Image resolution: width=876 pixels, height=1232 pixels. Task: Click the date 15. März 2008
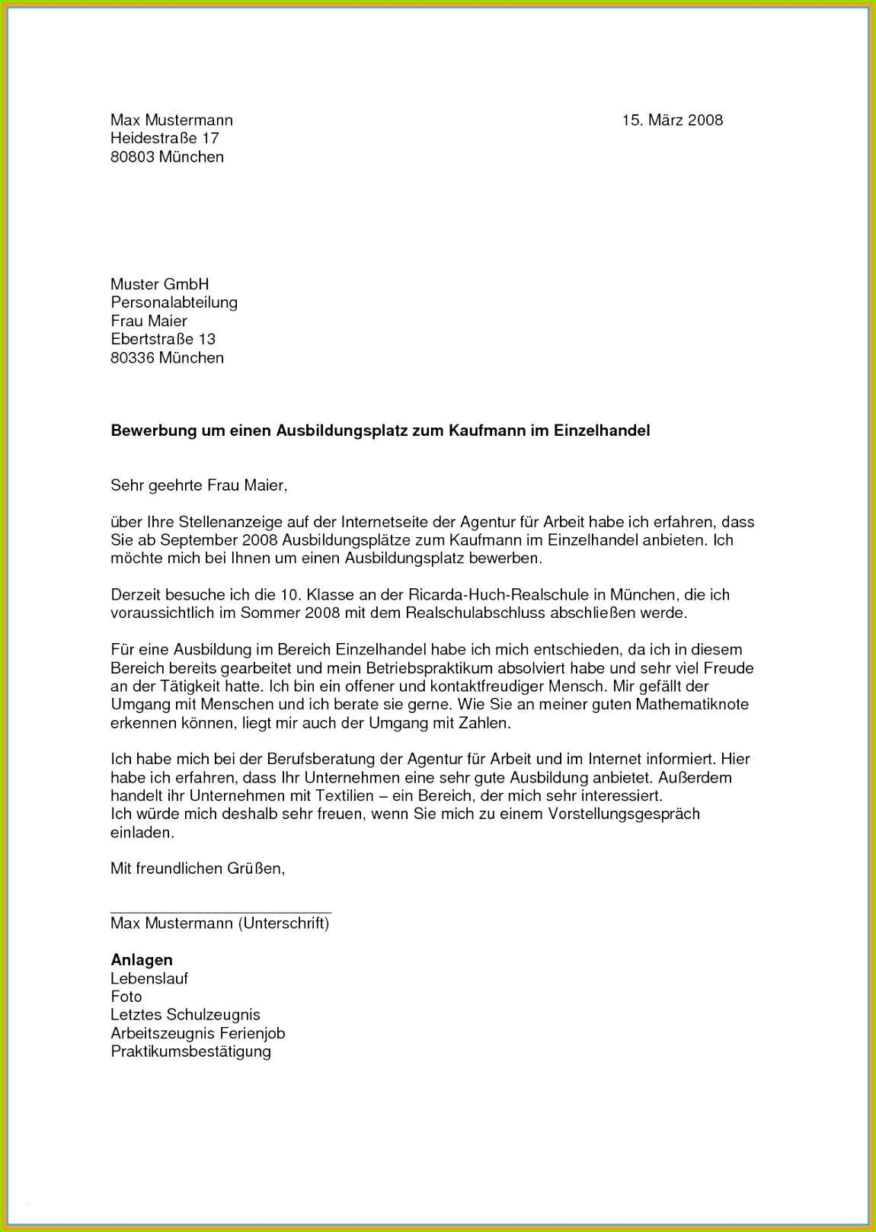(672, 120)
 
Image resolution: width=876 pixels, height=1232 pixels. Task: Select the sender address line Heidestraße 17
(165, 138)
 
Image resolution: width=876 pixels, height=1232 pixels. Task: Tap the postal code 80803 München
(167, 157)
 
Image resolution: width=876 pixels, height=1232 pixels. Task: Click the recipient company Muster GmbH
(159, 284)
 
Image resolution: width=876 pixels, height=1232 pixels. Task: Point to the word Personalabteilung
(174, 302)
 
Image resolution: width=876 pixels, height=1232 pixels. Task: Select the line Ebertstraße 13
(163, 339)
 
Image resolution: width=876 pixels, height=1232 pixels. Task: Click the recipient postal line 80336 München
(167, 357)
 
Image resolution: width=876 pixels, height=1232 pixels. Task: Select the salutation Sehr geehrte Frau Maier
(199, 485)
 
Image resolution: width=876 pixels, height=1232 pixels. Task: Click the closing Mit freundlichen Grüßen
(197, 869)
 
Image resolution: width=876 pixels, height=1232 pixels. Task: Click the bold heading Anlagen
(142, 960)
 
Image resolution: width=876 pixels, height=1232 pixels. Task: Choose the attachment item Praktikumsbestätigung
(190, 1051)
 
